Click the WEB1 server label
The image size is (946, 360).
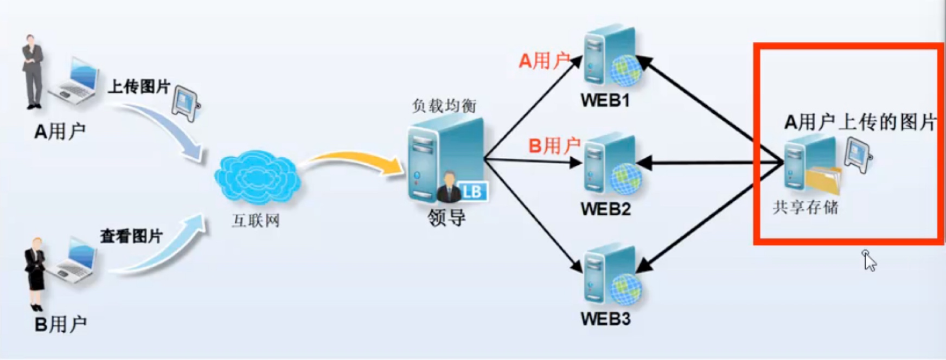point(605,100)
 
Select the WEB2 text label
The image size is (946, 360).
point(605,209)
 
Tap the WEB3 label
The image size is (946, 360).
point(605,318)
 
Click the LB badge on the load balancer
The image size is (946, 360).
point(472,191)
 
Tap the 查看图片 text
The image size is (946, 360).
point(131,236)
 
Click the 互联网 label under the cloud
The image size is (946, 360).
point(255,221)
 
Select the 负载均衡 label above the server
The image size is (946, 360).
point(444,105)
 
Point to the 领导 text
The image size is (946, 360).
point(446,217)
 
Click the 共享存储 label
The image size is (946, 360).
point(805,207)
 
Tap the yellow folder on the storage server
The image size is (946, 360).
point(823,181)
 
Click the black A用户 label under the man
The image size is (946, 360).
point(60,132)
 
